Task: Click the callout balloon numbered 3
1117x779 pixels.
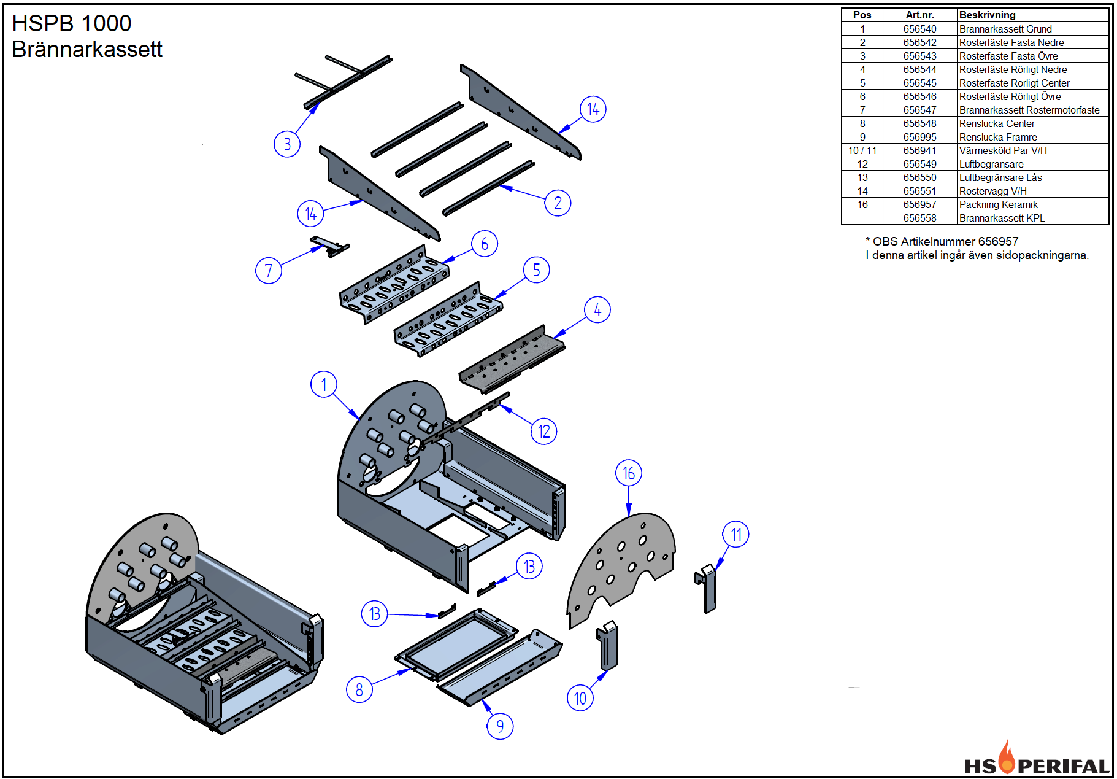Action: (x=287, y=144)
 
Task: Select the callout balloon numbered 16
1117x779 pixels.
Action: (x=629, y=473)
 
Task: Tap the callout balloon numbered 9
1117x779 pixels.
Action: (x=500, y=726)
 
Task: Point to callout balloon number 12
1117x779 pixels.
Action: (x=544, y=432)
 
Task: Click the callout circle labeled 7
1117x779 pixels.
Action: (x=269, y=270)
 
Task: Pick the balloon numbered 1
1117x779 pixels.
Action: (x=324, y=384)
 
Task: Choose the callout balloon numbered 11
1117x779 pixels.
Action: (x=736, y=535)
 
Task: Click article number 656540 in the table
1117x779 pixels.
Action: (x=919, y=29)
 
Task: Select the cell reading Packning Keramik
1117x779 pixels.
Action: (x=998, y=204)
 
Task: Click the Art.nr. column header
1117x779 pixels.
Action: (x=919, y=15)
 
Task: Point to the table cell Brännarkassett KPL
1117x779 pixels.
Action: (x=1002, y=218)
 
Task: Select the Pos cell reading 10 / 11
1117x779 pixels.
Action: (x=862, y=150)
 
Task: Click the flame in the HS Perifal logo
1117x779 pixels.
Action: (x=1006, y=757)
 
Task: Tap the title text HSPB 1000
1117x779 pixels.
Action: (x=72, y=23)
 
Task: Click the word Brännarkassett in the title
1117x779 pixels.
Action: (x=87, y=49)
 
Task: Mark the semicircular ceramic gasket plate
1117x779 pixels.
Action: (x=621, y=570)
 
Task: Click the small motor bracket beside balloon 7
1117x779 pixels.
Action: (x=329, y=246)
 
